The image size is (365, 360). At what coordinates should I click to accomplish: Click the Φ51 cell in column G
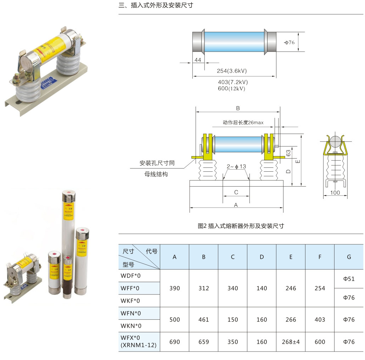point(349,279)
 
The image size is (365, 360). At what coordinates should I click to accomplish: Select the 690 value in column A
point(174,342)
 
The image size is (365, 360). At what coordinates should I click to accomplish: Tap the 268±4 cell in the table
point(291,342)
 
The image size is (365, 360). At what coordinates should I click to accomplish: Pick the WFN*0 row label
point(131,313)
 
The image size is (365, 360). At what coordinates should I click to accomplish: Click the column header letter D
point(262,257)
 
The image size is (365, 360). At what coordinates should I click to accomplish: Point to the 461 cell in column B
point(203,320)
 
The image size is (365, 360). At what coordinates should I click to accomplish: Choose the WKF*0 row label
point(131,301)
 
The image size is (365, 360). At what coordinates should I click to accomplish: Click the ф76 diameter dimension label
point(290,42)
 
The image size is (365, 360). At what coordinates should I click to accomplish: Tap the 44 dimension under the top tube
point(198,60)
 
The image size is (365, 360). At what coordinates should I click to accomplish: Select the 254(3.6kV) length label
point(232,71)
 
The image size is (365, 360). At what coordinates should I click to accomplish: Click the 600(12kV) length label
point(232,88)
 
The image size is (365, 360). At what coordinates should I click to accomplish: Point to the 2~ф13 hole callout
point(236,166)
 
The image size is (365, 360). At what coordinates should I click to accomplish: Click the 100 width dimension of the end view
point(335,193)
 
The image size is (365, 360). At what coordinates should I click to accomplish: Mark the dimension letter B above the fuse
point(238,108)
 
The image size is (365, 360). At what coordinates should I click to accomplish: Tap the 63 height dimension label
point(288,153)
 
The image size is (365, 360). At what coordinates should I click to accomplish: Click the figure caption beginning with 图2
point(241,226)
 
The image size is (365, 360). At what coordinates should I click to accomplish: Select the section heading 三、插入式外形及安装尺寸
point(156,5)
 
